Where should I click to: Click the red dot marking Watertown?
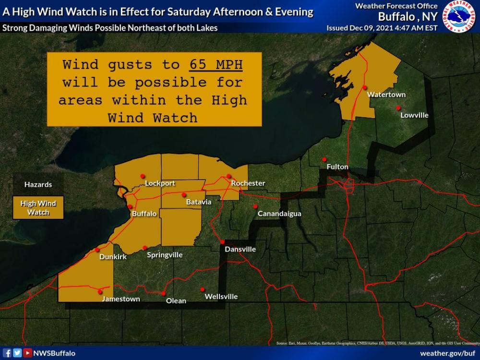365,87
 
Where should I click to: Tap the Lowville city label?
414,115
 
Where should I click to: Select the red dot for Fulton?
324,159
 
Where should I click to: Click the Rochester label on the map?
248,183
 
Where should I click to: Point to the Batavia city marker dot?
184,194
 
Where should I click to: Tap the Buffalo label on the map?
144,214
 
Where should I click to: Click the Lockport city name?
160,183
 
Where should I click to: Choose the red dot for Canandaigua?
256,206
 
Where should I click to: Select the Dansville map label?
240,249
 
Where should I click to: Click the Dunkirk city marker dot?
97,250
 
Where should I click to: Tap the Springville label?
165,255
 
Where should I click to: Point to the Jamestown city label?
120,299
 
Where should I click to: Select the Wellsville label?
221,297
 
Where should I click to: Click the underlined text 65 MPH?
219,65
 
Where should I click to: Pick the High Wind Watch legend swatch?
38,207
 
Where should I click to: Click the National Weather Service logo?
459,16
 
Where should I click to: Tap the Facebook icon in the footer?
7,353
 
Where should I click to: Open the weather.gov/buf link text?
447,353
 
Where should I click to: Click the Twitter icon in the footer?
17,353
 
